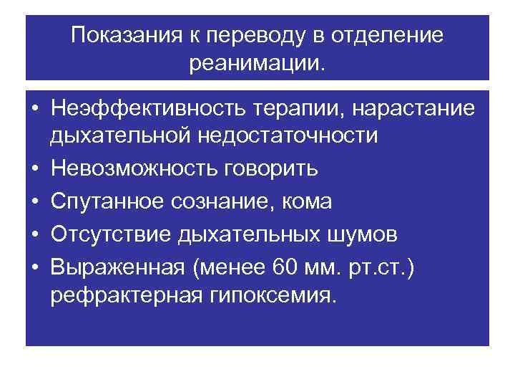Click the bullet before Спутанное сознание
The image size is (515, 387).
pyautogui.click(x=34, y=202)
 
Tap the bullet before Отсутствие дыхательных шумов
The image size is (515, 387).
pyautogui.click(x=34, y=235)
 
